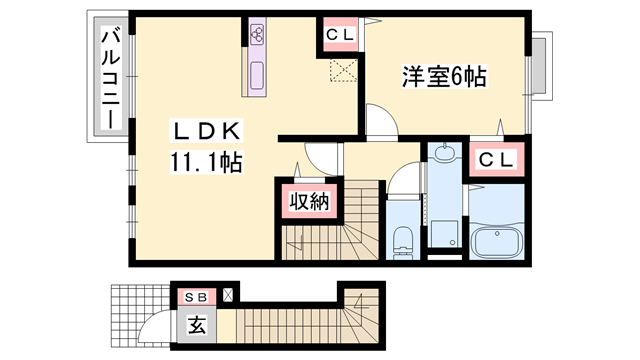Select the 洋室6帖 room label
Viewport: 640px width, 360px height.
click(444, 77)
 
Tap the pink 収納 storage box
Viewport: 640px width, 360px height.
click(309, 203)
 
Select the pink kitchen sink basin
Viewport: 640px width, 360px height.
click(256, 75)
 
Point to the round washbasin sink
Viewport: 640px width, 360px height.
click(444, 155)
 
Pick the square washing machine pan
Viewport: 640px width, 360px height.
click(443, 227)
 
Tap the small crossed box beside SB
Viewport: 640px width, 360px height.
click(229, 295)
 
